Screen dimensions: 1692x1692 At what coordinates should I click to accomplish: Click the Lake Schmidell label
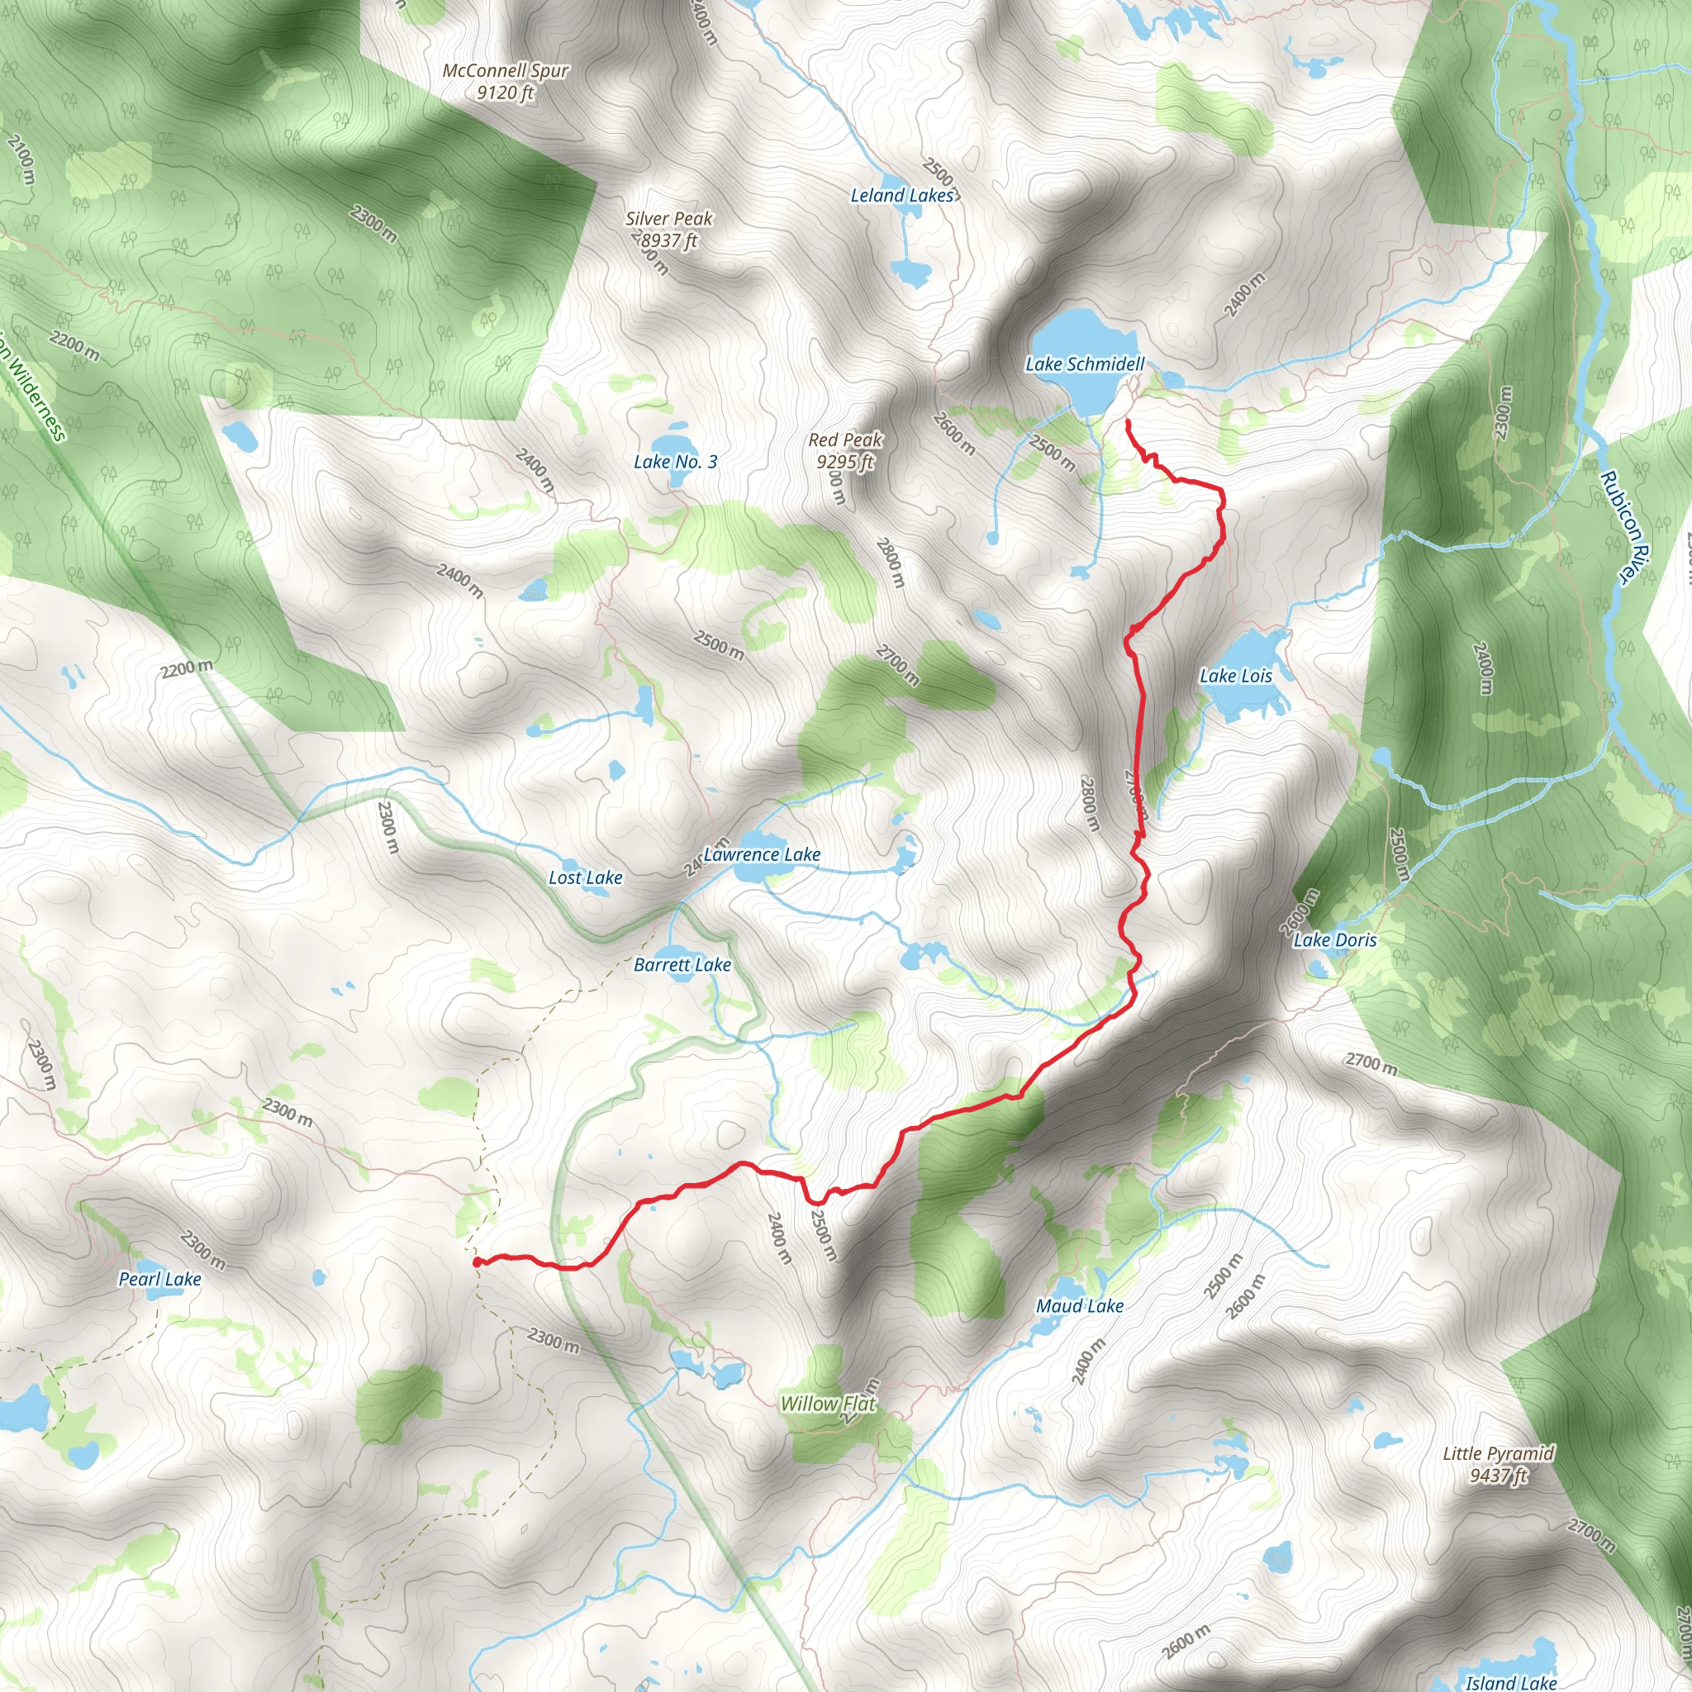[1084, 364]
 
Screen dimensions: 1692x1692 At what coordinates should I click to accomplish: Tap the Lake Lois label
[1235, 676]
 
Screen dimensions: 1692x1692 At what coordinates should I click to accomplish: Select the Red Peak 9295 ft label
[845, 451]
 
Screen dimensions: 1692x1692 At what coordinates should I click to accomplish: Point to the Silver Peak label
[669, 220]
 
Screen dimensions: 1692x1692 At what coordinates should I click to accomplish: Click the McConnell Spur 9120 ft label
[506, 82]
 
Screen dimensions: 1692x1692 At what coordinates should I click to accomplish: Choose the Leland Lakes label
[902, 196]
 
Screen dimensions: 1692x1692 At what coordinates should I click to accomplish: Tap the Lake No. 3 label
[675, 463]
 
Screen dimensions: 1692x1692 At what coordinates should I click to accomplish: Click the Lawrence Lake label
[762, 855]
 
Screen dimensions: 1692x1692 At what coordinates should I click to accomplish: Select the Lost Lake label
[585, 878]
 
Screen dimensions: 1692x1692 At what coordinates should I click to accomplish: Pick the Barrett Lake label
[682, 965]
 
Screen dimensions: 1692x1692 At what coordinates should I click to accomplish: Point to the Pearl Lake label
[160, 1280]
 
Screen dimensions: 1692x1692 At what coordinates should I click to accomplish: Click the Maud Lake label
[1080, 1307]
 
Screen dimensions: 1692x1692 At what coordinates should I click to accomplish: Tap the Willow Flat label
[828, 1404]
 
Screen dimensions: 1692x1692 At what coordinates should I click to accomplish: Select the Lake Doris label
[1335, 940]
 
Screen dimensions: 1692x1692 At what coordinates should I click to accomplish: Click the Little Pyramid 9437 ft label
[1499, 1465]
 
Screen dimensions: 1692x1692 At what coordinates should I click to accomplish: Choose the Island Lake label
[1511, 1682]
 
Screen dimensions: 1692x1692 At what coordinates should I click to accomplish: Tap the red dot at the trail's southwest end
[478, 1263]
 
